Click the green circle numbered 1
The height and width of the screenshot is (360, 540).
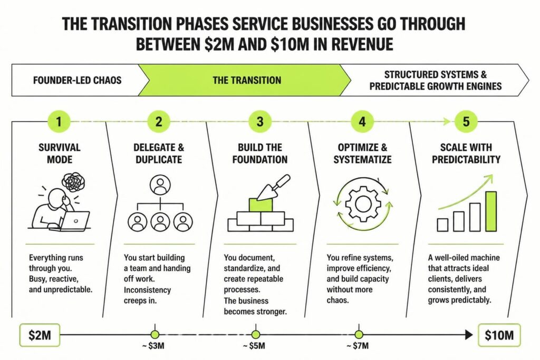[59, 121]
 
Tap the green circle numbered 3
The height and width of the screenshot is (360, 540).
[260, 121]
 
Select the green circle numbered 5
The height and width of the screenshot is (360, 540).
[466, 121]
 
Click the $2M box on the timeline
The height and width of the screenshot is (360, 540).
[40, 335]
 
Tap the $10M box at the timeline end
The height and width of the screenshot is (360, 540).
[499, 335]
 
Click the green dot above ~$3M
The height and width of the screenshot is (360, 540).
[155, 334]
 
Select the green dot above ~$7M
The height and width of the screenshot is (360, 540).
[359, 334]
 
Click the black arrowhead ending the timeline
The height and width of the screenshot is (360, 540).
[469, 334]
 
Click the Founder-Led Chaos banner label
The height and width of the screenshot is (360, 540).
[77, 80]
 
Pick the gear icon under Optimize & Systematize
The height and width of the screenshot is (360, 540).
[363, 204]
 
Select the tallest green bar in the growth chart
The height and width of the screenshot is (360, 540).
[491, 211]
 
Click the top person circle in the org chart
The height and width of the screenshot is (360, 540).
[160, 185]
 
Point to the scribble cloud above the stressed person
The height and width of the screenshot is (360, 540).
[73, 182]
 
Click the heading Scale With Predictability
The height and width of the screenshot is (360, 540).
[466, 153]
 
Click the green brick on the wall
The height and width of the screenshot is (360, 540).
[261, 205]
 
